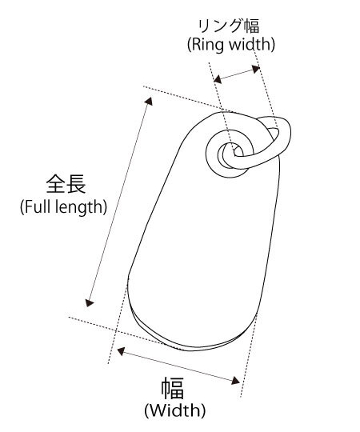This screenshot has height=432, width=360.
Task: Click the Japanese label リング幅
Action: click(229, 26)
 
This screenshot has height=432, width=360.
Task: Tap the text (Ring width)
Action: click(231, 44)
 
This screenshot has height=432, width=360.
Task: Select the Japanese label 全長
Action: click(66, 183)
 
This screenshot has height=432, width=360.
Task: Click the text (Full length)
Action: click(63, 207)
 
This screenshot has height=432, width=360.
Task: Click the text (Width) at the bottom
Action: click(175, 410)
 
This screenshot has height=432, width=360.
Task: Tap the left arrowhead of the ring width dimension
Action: click(218, 79)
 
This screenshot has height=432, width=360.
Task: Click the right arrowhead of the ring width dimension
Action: click(256, 69)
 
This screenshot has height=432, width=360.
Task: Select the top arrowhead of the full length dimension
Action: click(149, 101)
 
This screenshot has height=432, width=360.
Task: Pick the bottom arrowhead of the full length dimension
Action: click(90, 302)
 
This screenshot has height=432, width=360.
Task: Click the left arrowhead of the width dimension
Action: click(121, 351)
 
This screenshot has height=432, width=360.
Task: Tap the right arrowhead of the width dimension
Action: click(235, 381)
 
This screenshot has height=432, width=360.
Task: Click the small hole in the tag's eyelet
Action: click(238, 152)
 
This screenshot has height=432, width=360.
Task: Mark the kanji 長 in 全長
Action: click(76, 183)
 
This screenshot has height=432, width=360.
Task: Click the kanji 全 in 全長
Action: click(56, 183)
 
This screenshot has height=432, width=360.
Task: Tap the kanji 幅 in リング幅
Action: click(252, 26)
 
